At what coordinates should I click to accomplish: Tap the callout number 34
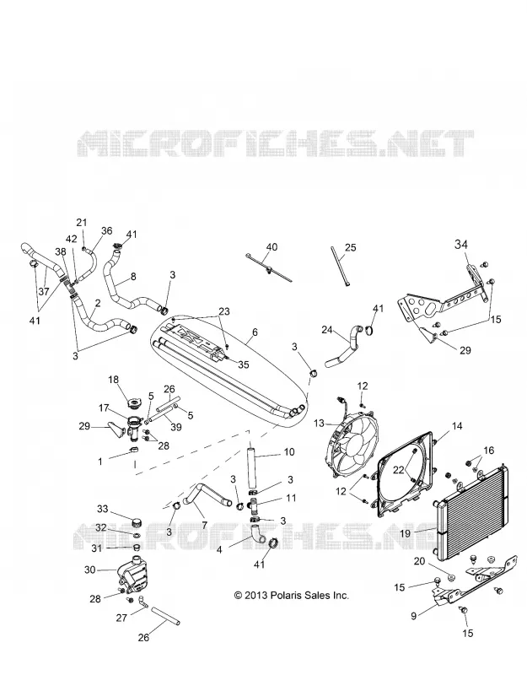461,245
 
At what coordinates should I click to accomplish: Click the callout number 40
272,247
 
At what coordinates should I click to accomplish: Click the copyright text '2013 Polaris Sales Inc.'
291,596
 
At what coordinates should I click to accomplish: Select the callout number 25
351,247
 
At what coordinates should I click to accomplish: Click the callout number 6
255,332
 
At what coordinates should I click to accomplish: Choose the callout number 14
457,426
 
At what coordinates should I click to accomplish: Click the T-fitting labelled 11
255,505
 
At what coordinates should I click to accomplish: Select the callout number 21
81,223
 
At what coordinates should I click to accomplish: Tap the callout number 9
413,616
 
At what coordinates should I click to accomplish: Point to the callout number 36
106,230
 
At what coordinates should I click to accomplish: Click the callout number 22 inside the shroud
398,470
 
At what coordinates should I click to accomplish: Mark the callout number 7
204,525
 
